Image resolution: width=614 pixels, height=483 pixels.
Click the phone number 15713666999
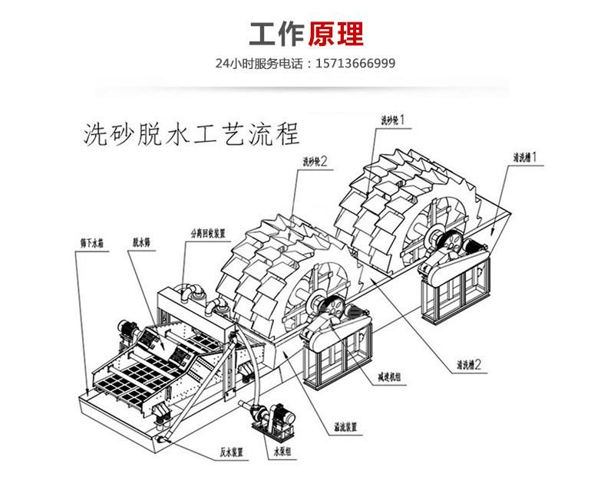[x=356, y=64]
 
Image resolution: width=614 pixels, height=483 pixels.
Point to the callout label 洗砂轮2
[x=315, y=161]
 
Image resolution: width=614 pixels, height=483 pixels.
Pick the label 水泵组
[x=285, y=452]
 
